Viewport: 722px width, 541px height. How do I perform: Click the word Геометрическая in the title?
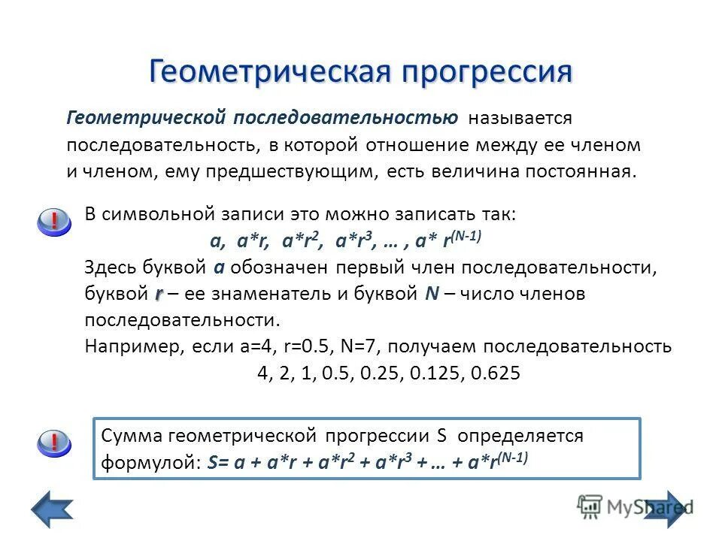coord(269,72)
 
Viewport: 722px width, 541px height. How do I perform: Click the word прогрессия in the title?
coord(487,72)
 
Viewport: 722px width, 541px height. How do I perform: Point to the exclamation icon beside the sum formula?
coord(54,443)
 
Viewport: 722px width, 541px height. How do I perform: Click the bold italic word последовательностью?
coord(345,119)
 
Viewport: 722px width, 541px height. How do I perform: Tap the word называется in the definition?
coord(520,119)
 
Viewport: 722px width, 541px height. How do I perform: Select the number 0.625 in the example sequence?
coord(495,373)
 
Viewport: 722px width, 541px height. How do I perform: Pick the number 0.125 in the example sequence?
coord(435,373)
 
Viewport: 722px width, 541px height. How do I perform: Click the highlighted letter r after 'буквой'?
coord(159,295)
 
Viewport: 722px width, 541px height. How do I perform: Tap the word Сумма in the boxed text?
coord(132,436)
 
